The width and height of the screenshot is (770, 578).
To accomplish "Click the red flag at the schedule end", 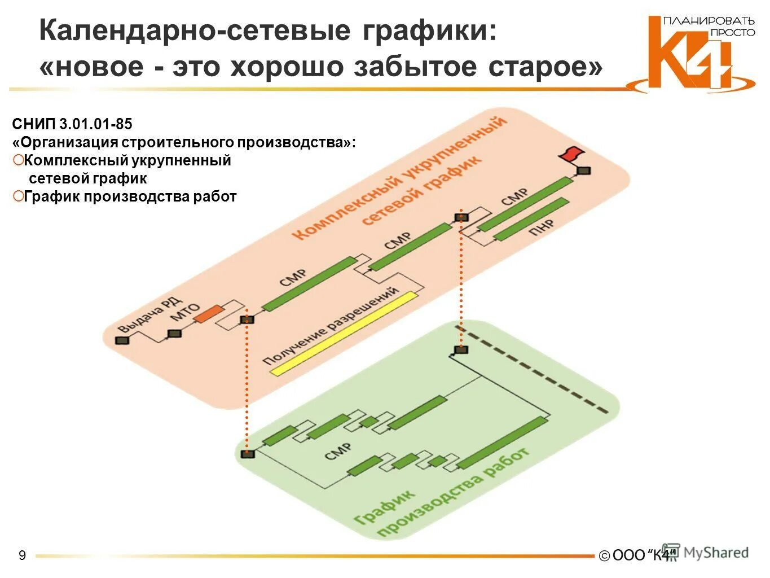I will point(571,153).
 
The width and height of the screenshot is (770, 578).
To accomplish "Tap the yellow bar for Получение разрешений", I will point(344,333).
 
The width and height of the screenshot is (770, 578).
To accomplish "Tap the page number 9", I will point(22,555).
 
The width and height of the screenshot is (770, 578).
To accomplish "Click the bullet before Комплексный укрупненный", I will point(18,160).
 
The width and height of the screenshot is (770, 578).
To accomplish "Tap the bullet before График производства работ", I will point(18,196).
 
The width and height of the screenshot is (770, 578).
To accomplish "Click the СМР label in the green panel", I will point(338,452).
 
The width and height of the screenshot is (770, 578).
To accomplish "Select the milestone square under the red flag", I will point(583,170).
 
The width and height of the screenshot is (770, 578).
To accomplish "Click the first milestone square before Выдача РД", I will point(122,340).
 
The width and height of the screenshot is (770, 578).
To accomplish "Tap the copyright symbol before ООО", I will point(604,556).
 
